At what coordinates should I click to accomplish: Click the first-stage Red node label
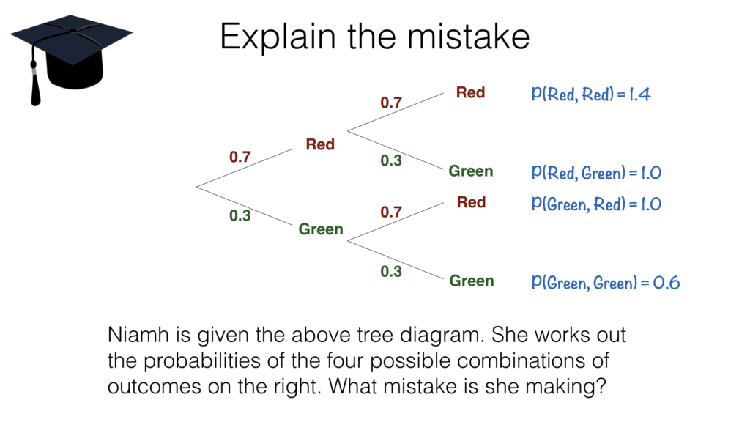[x=320, y=144]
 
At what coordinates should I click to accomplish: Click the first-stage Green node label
[x=321, y=229]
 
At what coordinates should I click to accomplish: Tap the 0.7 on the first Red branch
[x=240, y=157]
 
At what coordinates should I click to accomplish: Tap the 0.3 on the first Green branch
[x=240, y=215]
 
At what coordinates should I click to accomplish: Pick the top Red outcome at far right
[x=470, y=92]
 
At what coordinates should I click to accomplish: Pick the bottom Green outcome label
[x=471, y=281]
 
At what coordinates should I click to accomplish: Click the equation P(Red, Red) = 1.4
[x=592, y=95]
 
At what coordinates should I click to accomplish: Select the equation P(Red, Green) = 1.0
[x=597, y=173]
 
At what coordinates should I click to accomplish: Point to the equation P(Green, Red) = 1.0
[x=597, y=203]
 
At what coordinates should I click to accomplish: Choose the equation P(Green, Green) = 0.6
[x=606, y=282]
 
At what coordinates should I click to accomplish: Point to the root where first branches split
[x=198, y=186]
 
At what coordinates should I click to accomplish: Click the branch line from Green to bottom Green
[x=396, y=260]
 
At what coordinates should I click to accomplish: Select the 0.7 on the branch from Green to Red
[x=391, y=212]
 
